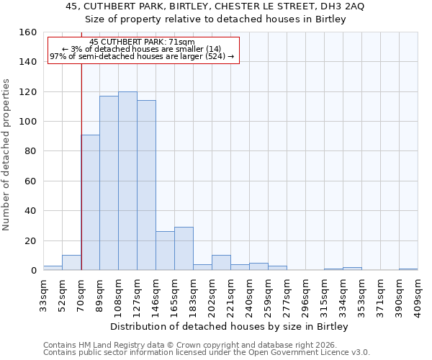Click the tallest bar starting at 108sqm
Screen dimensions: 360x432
[127, 181]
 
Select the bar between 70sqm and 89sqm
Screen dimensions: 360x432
[90, 202]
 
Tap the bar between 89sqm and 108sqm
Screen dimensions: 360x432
[109, 183]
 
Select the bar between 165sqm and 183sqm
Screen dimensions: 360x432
[184, 248]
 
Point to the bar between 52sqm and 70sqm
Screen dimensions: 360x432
[71, 263]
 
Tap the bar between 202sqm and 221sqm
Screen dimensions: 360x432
[221, 263]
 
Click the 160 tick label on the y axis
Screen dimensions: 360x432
[27, 32]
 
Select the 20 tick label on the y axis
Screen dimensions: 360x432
[30, 240]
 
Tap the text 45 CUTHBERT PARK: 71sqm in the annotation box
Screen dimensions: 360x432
[142, 42]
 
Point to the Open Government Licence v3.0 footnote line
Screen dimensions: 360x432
[207, 352]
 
